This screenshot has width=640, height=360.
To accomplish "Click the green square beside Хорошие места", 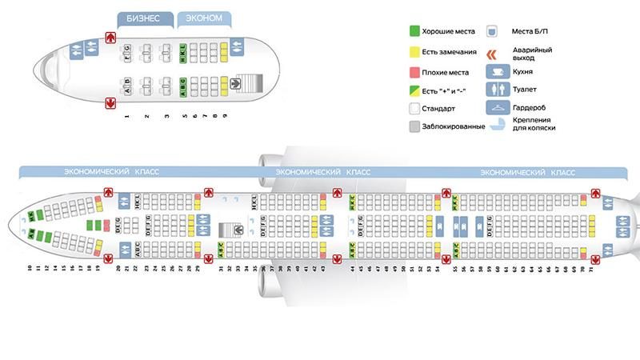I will tap(413, 32).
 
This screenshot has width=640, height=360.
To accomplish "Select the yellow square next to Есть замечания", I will tap(413, 53).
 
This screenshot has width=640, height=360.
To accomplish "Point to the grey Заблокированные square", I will tap(413, 126).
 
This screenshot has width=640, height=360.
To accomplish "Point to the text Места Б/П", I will tap(530, 32).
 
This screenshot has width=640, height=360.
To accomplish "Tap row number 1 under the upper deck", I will tap(127, 116).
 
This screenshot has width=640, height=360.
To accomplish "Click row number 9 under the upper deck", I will tap(225, 116).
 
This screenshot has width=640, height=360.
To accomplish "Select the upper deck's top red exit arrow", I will tap(110, 37).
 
